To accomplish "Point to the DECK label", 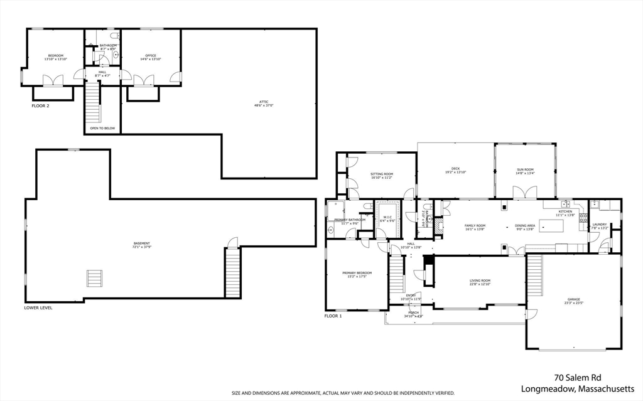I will (456, 169).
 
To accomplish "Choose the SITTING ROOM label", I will (381, 175).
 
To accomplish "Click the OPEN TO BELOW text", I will (102, 128).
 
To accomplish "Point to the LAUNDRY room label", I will (599, 225).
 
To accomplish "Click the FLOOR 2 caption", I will (40, 106).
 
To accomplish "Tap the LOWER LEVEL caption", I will (38, 308).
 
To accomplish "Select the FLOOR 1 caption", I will (333, 316).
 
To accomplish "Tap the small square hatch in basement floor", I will (94, 278).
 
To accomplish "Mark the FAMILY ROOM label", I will (475, 227).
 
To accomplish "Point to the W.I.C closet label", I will (387, 218).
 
